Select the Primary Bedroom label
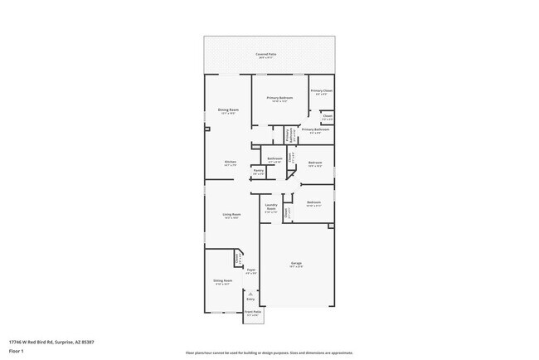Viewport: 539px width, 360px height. (279, 98)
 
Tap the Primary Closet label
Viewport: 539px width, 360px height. (322, 90)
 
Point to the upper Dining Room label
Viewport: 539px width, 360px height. (228, 109)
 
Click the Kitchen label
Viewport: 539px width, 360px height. (230, 162)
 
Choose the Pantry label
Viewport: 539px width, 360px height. (258, 170)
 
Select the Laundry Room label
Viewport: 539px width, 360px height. (270, 207)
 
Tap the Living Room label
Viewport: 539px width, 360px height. (231, 214)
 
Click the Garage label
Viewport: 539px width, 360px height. (296, 264)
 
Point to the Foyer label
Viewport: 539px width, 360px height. (250, 270)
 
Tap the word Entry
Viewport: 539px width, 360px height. (251, 299)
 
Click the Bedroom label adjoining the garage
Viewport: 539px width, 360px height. (313, 202)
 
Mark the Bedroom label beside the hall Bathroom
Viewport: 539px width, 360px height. (315, 163)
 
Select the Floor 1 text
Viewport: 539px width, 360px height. (17, 351)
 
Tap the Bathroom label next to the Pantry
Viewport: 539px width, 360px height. (274, 158)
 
